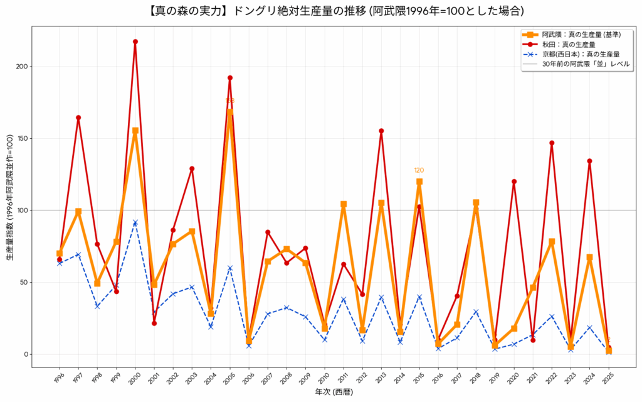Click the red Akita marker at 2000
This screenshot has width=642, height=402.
click(x=135, y=41)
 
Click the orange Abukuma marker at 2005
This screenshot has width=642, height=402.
click(x=230, y=112)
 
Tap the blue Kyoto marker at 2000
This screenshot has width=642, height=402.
click(x=135, y=222)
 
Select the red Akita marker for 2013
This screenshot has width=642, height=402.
click(x=381, y=131)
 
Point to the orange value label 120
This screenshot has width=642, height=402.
click(x=419, y=170)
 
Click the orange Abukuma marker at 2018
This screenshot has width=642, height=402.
click(x=476, y=203)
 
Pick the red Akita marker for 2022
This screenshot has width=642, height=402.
click(x=552, y=143)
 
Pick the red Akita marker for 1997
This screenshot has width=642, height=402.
click(x=78, y=117)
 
